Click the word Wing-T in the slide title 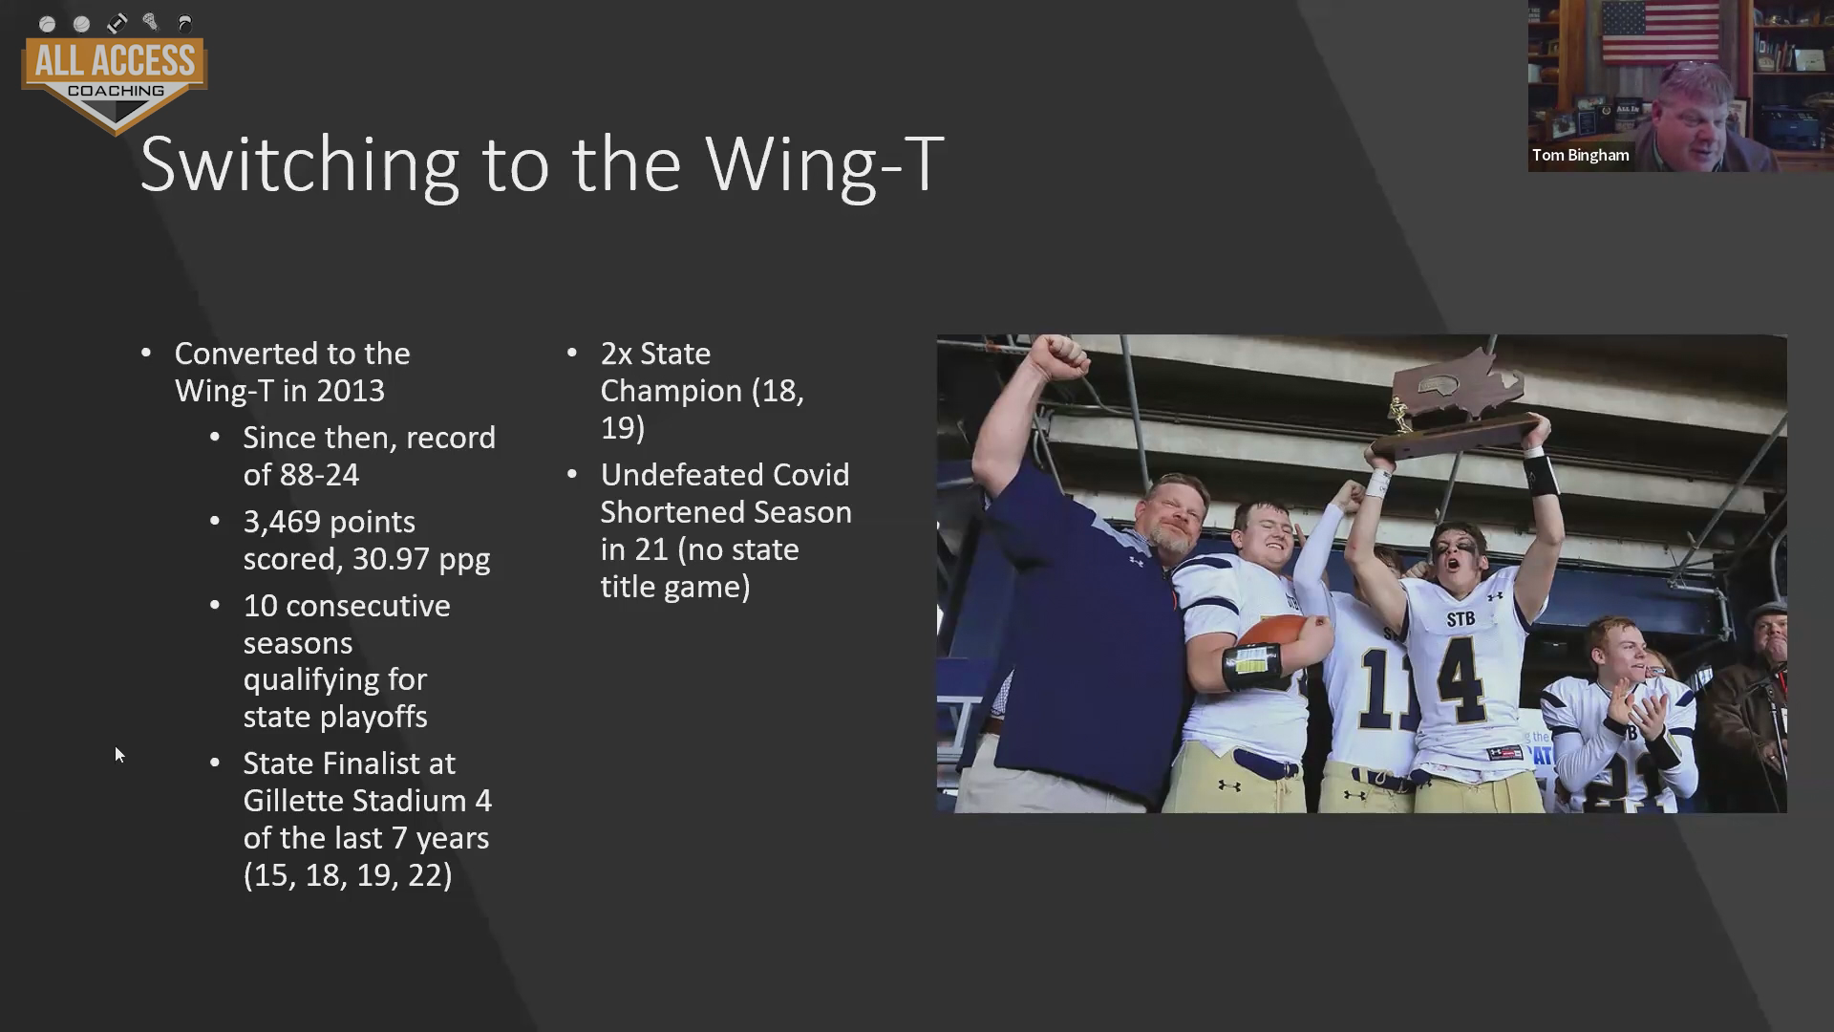point(824,164)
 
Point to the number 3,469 point(282,523)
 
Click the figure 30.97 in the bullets point(391,559)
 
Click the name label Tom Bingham point(1580,155)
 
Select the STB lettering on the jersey point(1461,619)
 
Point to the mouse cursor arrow point(119,756)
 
